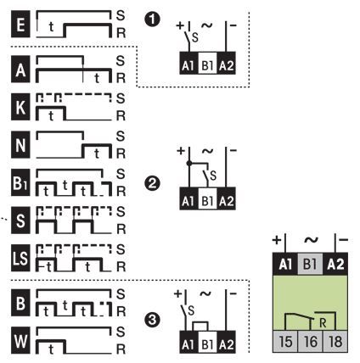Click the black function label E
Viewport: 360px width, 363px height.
20,24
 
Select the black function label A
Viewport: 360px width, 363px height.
20,70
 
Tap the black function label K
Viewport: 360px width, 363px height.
20,107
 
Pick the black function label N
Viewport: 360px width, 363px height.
20,145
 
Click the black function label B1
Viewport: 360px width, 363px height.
20,182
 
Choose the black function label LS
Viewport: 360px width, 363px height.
20,258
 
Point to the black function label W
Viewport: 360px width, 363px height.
20,341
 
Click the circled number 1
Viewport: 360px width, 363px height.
152,20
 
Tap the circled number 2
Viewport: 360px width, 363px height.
152,183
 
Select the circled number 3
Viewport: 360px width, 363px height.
152,320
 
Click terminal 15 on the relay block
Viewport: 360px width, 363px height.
285,341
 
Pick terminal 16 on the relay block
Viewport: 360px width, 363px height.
311,341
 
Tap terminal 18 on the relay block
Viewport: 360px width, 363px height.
335,341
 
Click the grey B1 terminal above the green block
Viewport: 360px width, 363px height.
310,265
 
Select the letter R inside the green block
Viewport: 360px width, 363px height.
323,322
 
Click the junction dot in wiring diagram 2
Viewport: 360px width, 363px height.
189,163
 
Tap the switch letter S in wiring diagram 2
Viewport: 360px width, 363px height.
213,176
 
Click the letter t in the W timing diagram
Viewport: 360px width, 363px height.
51,349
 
